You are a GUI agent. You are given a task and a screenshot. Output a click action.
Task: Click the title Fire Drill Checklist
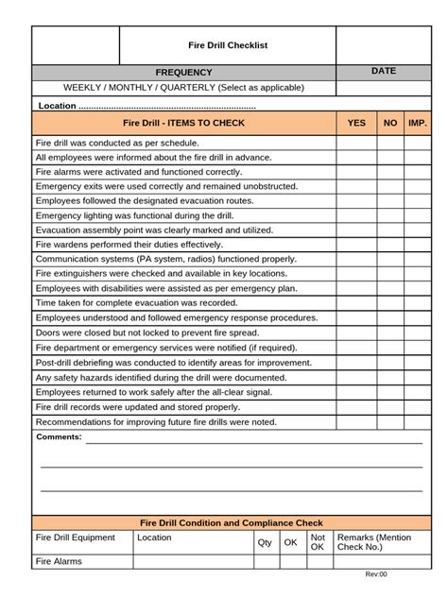click(228, 45)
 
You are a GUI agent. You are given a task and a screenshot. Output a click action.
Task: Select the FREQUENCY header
click(184, 73)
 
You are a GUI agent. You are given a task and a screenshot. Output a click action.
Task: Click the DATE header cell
click(384, 72)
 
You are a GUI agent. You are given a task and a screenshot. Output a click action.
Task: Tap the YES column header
click(356, 123)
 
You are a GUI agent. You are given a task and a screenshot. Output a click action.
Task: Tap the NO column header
click(390, 123)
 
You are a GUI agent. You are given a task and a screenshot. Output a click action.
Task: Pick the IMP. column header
click(417, 123)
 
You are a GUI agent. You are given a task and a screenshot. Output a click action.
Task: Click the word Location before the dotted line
click(56, 106)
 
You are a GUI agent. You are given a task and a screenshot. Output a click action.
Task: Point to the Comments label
click(59, 437)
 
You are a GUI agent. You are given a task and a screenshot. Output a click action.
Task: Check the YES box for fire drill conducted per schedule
click(356, 144)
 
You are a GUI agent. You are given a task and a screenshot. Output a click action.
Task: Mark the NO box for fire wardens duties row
click(390, 244)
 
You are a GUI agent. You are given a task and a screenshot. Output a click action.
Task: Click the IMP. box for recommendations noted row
click(417, 421)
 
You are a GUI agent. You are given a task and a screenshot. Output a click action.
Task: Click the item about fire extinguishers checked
click(147, 273)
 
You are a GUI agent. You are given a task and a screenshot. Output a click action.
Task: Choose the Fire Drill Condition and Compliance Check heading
click(232, 522)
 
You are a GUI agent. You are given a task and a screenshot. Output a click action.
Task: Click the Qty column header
click(265, 543)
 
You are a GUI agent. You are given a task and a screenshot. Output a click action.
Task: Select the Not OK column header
click(318, 542)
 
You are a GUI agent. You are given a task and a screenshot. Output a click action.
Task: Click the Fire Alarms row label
click(59, 561)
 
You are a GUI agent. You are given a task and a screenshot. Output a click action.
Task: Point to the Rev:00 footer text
click(376, 574)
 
